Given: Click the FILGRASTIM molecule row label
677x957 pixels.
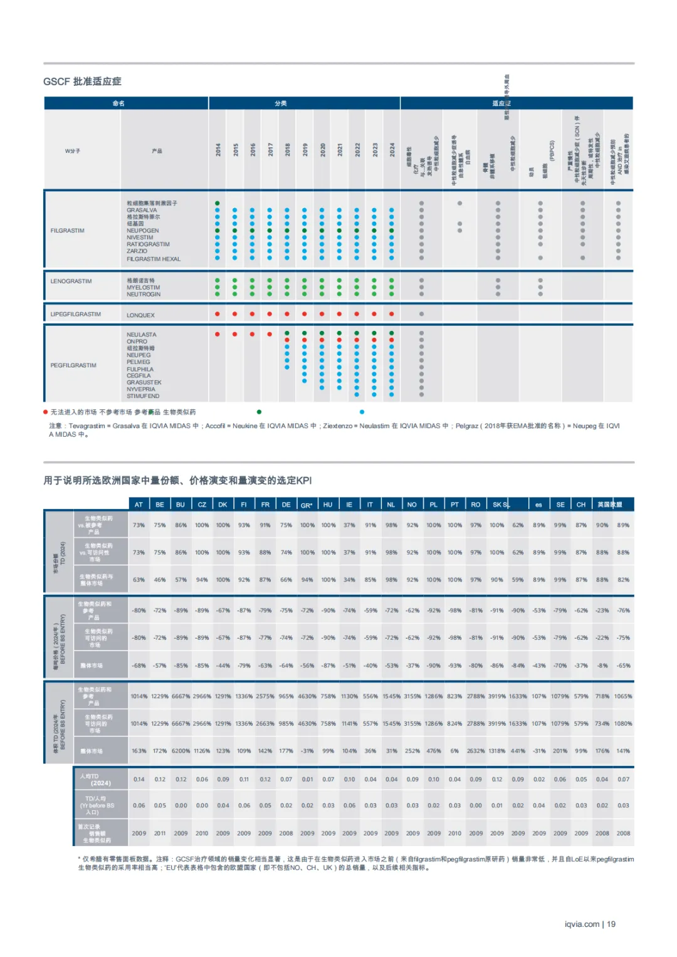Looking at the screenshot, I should click(67, 231).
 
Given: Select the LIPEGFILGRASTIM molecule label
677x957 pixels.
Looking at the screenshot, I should click(75, 314).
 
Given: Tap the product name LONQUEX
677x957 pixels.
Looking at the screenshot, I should click(140, 315).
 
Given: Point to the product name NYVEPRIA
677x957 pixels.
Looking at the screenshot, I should click(141, 389).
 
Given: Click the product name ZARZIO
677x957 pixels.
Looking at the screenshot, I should click(137, 251).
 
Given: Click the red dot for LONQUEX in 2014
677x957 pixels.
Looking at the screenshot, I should click(218, 314).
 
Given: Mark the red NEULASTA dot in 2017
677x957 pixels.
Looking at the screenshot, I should click(270, 334).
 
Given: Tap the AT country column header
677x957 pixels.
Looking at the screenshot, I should click(139, 505).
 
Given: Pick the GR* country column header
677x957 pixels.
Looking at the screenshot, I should click(307, 505).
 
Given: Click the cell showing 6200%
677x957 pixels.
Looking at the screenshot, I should click(181, 751).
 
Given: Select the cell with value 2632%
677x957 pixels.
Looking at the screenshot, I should click(476, 751).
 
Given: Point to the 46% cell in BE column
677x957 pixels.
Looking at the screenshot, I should click(160, 580).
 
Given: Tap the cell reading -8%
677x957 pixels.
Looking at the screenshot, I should click(602, 666).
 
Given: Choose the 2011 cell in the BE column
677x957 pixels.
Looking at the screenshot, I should click(160, 834).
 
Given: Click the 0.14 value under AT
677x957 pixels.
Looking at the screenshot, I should click(139, 780).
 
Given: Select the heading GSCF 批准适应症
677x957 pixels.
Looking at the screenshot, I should click(82, 81).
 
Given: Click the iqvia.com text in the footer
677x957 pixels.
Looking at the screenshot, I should click(582, 924).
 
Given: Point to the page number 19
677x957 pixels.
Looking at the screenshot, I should click(611, 924).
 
